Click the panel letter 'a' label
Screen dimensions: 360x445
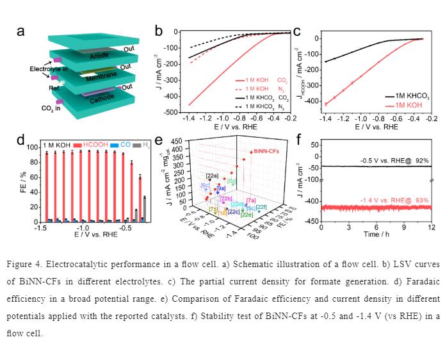(x=20, y=31)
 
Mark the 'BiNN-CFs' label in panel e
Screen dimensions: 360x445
(x=264, y=152)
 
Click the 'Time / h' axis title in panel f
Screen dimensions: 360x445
(x=376, y=235)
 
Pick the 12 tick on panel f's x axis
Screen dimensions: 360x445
(x=431, y=227)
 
